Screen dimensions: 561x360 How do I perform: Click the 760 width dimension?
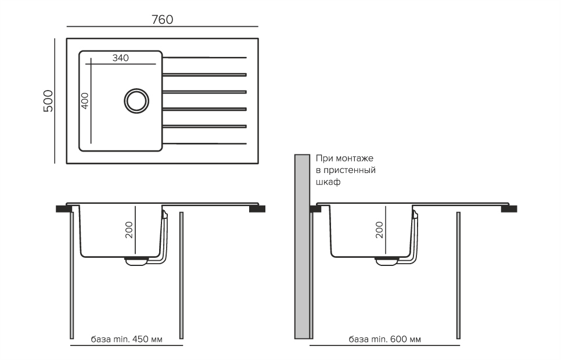coord(163,19)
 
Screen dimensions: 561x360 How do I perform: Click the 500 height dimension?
coord(48,101)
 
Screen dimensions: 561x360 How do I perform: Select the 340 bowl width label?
coord(121,58)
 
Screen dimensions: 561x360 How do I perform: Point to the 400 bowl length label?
coord(85,101)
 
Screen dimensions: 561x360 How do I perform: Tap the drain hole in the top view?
coord(136,101)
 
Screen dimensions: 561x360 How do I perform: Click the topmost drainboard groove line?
coord(204,57)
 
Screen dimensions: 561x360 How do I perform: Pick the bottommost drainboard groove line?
coord(204,143)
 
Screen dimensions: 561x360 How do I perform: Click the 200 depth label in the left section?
coord(129,230)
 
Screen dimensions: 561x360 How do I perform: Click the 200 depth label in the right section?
coord(379,230)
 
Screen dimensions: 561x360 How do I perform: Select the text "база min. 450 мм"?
coord(127,339)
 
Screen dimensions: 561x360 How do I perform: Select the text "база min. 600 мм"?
coord(384,339)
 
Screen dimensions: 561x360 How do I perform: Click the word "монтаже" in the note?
coord(354,158)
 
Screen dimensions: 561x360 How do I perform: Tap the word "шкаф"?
coord(328,182)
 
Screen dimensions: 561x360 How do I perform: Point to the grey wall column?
coord(302,247)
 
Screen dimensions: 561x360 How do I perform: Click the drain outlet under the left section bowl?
coord(136,261)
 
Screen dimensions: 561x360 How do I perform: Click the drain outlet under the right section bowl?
coord(387,261)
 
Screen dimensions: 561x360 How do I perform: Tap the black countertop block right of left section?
coord(257,208)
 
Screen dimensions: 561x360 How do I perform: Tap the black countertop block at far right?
coord(509,208)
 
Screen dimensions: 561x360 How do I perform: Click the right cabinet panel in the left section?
coord(181,275)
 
